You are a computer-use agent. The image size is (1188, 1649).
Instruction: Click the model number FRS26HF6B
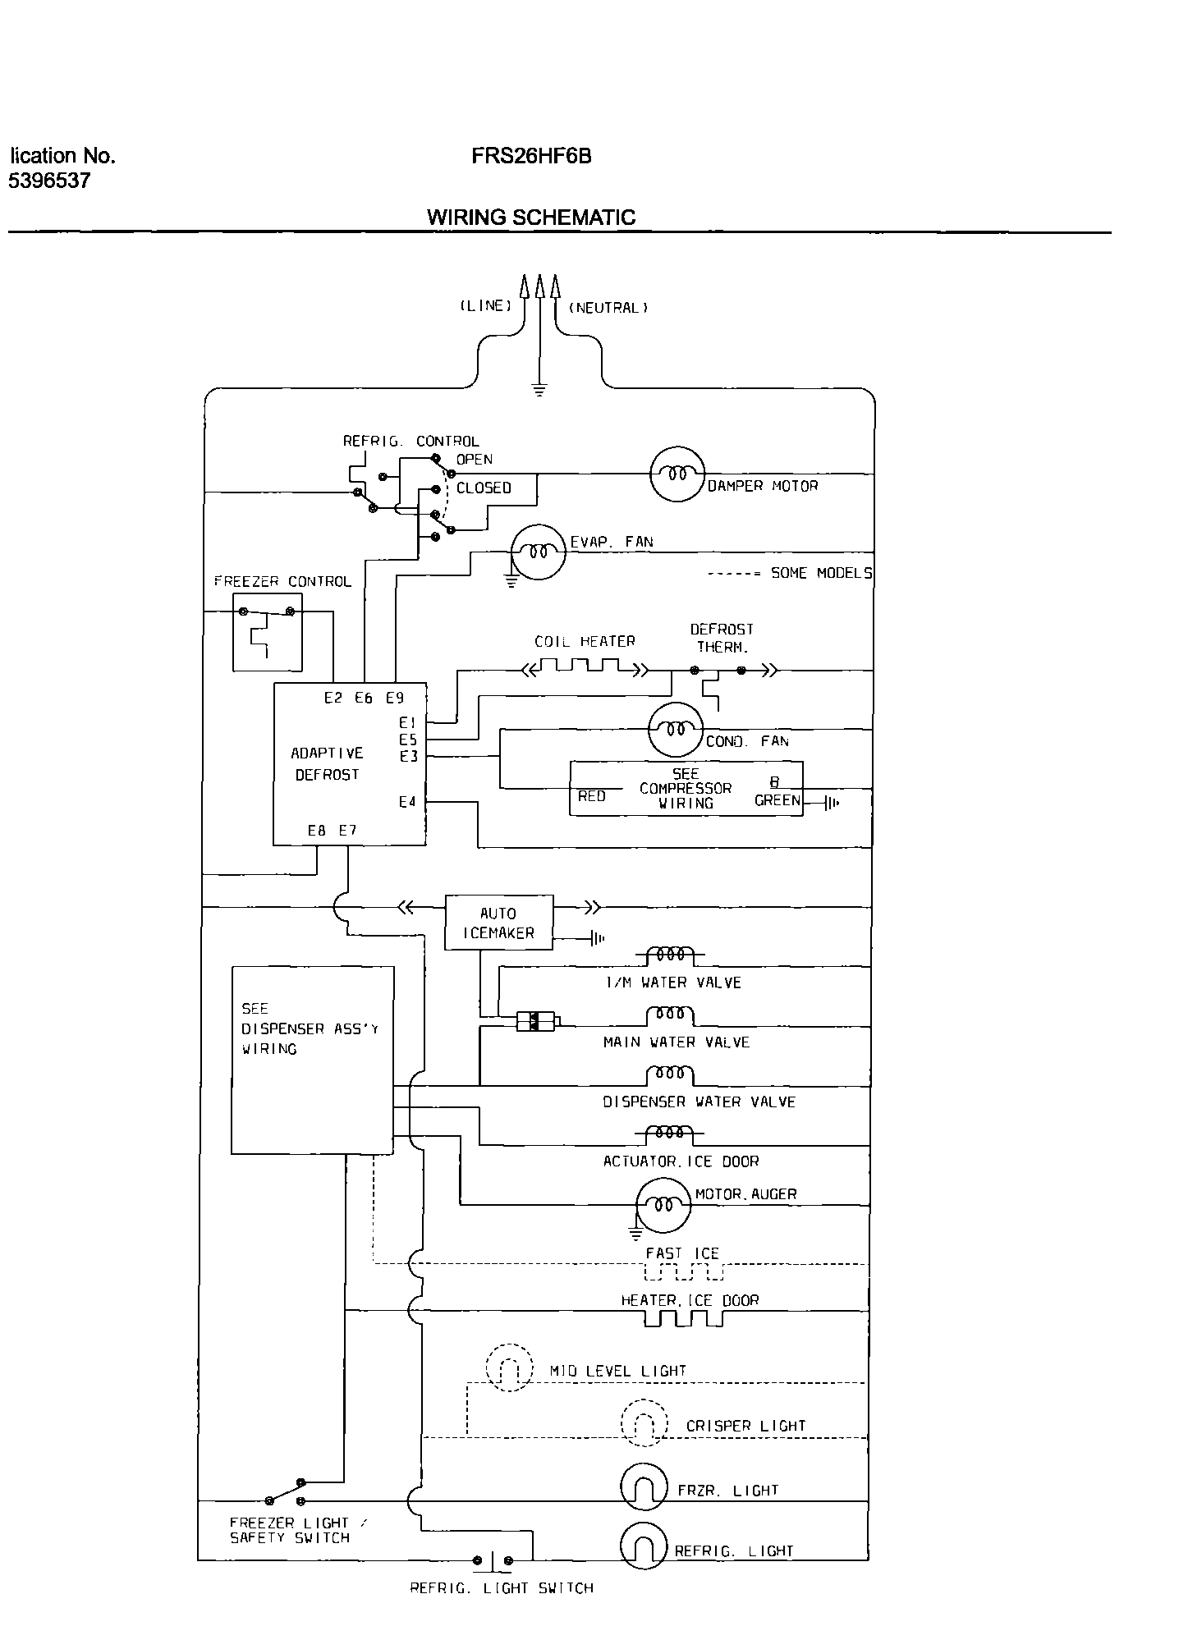click(x=530, y=156)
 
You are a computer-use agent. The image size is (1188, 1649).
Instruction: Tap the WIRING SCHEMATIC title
click(x=530, y=218)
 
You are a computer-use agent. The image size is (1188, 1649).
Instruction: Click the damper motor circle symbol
click(x=677, y=474)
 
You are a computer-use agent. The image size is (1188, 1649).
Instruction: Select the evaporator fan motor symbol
click(x=538, y=552)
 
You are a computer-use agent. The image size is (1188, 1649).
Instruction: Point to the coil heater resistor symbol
click(x=585, y=669)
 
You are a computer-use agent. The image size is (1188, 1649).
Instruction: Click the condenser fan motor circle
click(x=676, y=728)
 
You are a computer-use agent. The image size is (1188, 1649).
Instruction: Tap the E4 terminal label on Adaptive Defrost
click(x=407, y=802)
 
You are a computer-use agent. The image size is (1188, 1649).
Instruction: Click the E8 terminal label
click(x=316, y=831)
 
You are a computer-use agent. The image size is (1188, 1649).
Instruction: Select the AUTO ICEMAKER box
click(x=498, y=923)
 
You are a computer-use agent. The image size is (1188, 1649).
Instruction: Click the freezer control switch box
click(x=268, y=632)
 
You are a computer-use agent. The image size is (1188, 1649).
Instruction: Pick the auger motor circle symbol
click(x=663, y=1205)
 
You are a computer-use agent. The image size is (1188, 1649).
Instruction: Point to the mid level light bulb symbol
click(x=509, y=1368)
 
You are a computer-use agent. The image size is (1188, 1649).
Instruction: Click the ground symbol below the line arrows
click(x=539, y=389)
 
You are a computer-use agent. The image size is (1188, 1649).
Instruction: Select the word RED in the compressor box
click(x=591, y=796)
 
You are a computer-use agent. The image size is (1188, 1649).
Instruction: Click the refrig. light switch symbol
click(x=493, y=1560)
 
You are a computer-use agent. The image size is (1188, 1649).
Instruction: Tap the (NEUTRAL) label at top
click(x=608, y=308)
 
